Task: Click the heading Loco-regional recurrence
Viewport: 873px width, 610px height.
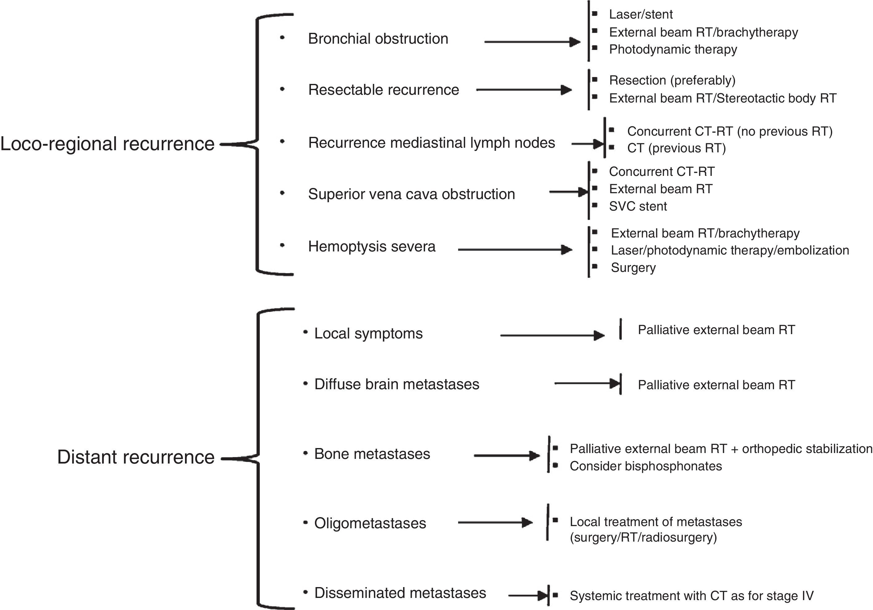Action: coord(107,144)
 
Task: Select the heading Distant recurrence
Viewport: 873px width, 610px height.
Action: coord(135,457)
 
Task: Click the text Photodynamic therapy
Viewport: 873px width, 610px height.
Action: coord(673,50)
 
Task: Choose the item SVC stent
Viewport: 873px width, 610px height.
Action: coord(638,206)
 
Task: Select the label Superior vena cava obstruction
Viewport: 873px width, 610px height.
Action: coord(411,194)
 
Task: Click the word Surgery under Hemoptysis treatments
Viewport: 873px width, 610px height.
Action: coord(633,268)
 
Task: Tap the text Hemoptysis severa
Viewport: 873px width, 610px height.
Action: coord(372,246)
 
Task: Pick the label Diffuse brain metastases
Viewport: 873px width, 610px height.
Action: coord(397,384)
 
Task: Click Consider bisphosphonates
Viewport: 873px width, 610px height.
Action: coord(645,466)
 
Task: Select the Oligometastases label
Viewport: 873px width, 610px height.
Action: coord(370,523)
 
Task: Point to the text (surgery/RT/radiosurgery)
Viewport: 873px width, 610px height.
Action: coord(643,537)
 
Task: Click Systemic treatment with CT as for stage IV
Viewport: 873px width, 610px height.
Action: coord(691,595)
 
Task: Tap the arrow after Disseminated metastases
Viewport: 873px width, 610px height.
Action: coord(527,595)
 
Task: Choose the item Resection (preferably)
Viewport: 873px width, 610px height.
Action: coord(672,80)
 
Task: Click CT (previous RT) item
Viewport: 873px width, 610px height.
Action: coord(676,148)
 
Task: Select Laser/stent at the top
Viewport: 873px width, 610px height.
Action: coord(641,15)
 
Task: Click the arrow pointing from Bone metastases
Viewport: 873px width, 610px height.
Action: coord(506,455)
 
